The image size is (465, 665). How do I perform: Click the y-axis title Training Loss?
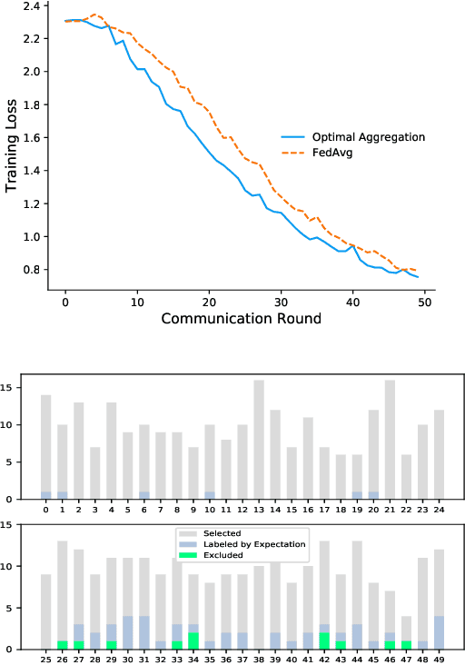click(13, 147)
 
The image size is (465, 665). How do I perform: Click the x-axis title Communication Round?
click(241, 319)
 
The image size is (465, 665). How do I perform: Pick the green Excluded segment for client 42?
click(325, 640)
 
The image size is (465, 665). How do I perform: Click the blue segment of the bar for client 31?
click(144, 632)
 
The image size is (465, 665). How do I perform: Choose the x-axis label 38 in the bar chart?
click(259, 660)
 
